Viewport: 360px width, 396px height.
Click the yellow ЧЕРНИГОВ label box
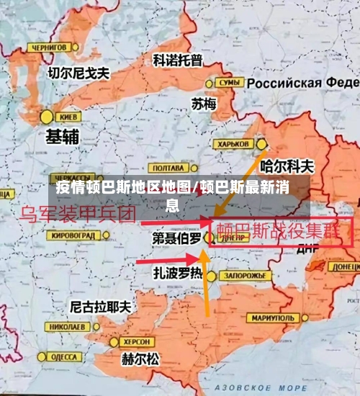pos(48,48)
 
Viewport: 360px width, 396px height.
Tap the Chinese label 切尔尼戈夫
pos(78,73)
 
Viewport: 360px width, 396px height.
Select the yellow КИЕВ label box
pos(69,116)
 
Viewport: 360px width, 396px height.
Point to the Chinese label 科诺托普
pos(178,60)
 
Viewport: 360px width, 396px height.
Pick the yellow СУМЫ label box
pos(228,83)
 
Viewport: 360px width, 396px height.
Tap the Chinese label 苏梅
pos(204,104)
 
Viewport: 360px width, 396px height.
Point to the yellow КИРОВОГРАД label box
pos(72,235)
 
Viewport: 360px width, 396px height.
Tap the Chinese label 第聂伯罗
pos(176,238)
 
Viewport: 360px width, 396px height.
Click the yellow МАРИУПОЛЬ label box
pos(271,318)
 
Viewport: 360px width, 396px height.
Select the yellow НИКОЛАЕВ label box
pos(66,326)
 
